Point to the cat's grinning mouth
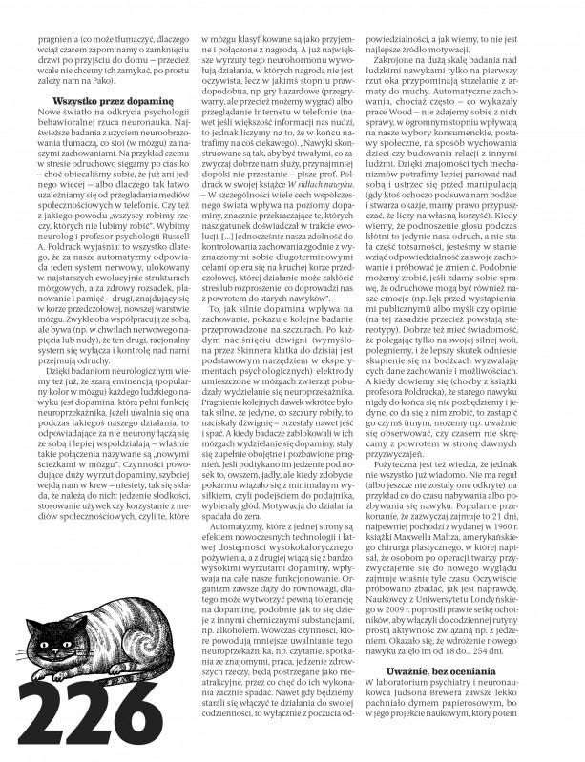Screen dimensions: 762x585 point(48,639)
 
